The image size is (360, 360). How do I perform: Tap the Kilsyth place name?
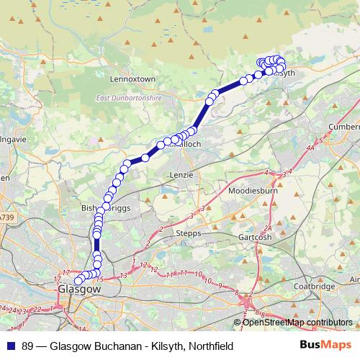(284, 74)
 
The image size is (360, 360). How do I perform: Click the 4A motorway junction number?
(310, 148)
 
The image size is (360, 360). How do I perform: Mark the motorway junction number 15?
(101, 279)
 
